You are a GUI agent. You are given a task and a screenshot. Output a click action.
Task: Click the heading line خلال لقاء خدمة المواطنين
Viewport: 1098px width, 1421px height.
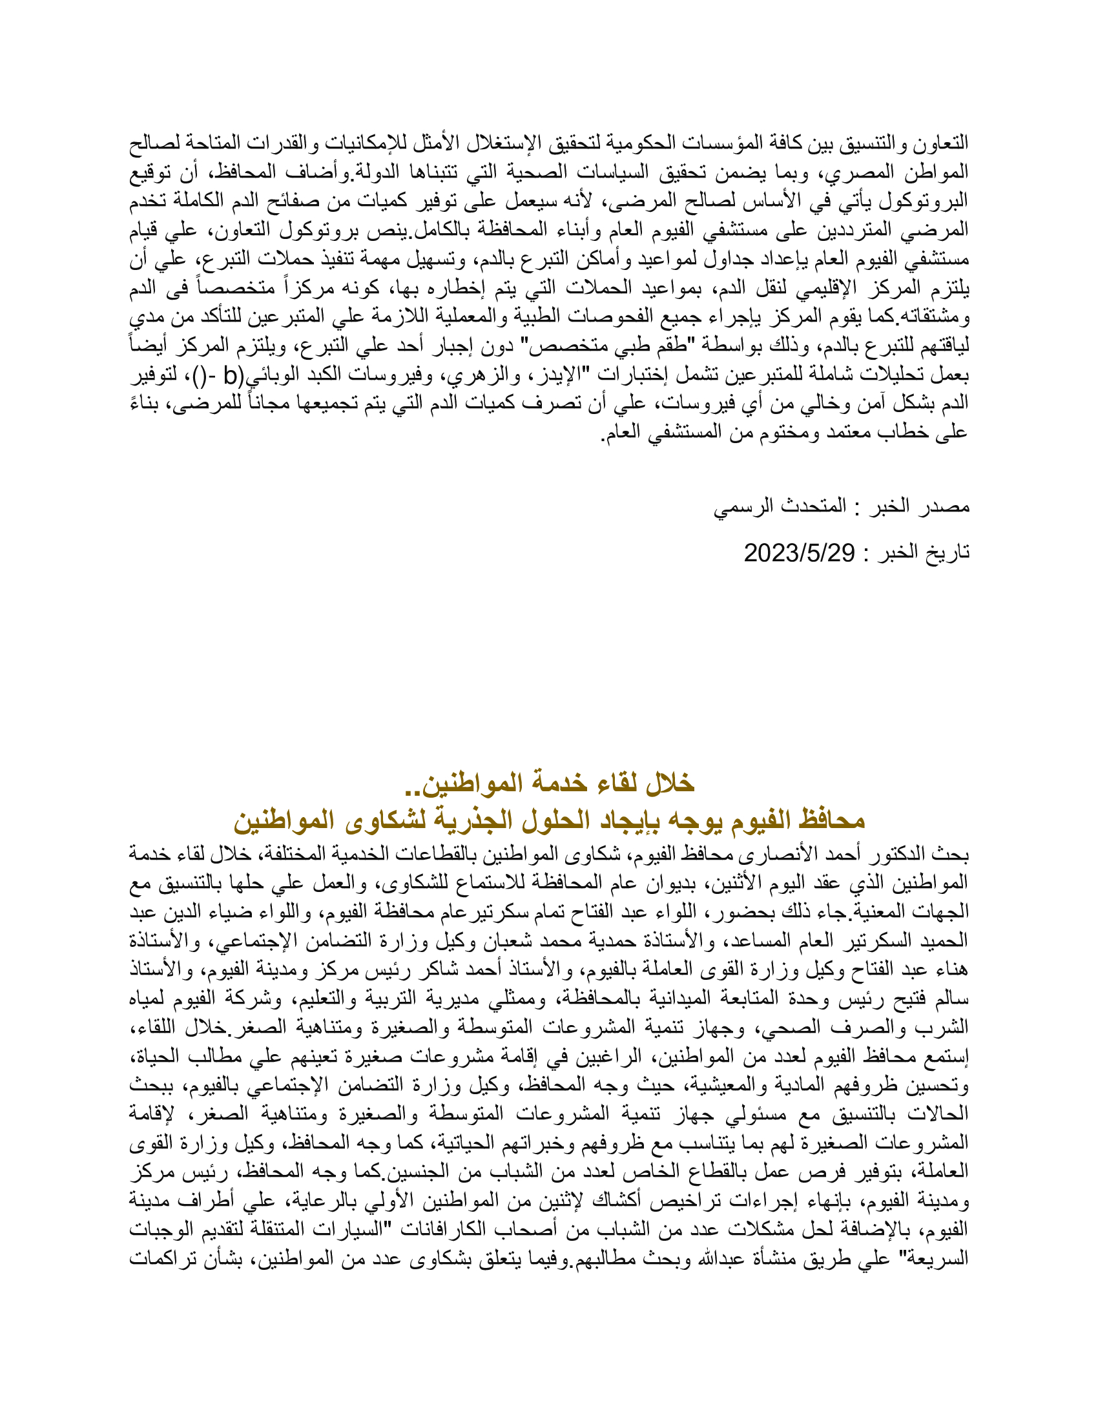[x=550, y=783]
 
